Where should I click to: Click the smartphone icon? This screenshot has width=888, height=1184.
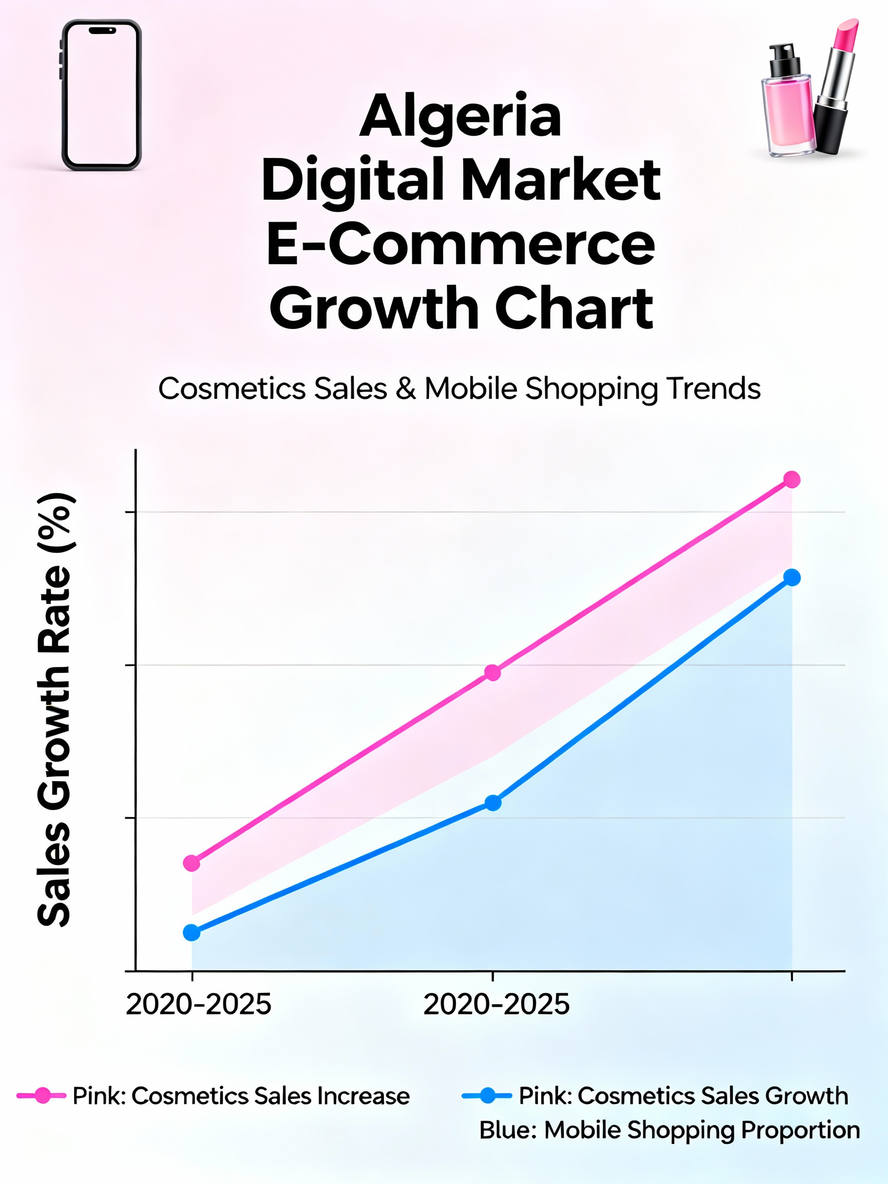tap(101, 95)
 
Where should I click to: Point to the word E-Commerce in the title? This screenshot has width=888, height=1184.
tap(460, 245)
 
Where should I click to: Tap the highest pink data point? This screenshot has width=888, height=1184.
tap(792, 479)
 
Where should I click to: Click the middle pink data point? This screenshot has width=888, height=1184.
tap(492, 673)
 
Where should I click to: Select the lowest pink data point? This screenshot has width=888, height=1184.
tap(192, 863)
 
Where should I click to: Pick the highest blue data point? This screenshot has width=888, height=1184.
tap(792, 578)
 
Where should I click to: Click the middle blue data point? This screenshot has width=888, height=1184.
tap(493, 802)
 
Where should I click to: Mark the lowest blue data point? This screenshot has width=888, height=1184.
tap(192, 932)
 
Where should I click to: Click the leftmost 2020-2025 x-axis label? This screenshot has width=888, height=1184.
tap(198, 1005)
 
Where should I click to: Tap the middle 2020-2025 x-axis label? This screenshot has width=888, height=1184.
tap(496, 1005)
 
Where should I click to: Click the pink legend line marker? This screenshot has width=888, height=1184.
tap(42, 1096)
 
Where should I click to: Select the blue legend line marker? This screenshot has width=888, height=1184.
tap(487, 1095)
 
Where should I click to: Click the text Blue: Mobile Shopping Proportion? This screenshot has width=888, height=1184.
tap(669, 1130)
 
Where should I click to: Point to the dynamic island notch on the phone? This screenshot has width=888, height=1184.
tap(102, 30)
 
